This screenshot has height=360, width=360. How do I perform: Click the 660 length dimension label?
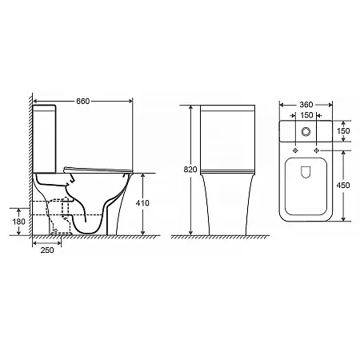83,102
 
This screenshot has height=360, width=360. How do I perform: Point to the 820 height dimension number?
190,170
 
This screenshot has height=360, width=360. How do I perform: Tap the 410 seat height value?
142,203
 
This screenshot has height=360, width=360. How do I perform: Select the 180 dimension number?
18,222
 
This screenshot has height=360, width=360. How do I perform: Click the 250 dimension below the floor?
47,250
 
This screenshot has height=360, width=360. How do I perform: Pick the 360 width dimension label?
306,105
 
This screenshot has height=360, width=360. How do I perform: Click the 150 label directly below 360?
306,115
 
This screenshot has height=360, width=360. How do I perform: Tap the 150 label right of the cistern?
343,131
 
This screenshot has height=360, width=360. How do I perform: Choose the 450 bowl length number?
343,185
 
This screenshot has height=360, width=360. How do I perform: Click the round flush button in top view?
306,131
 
